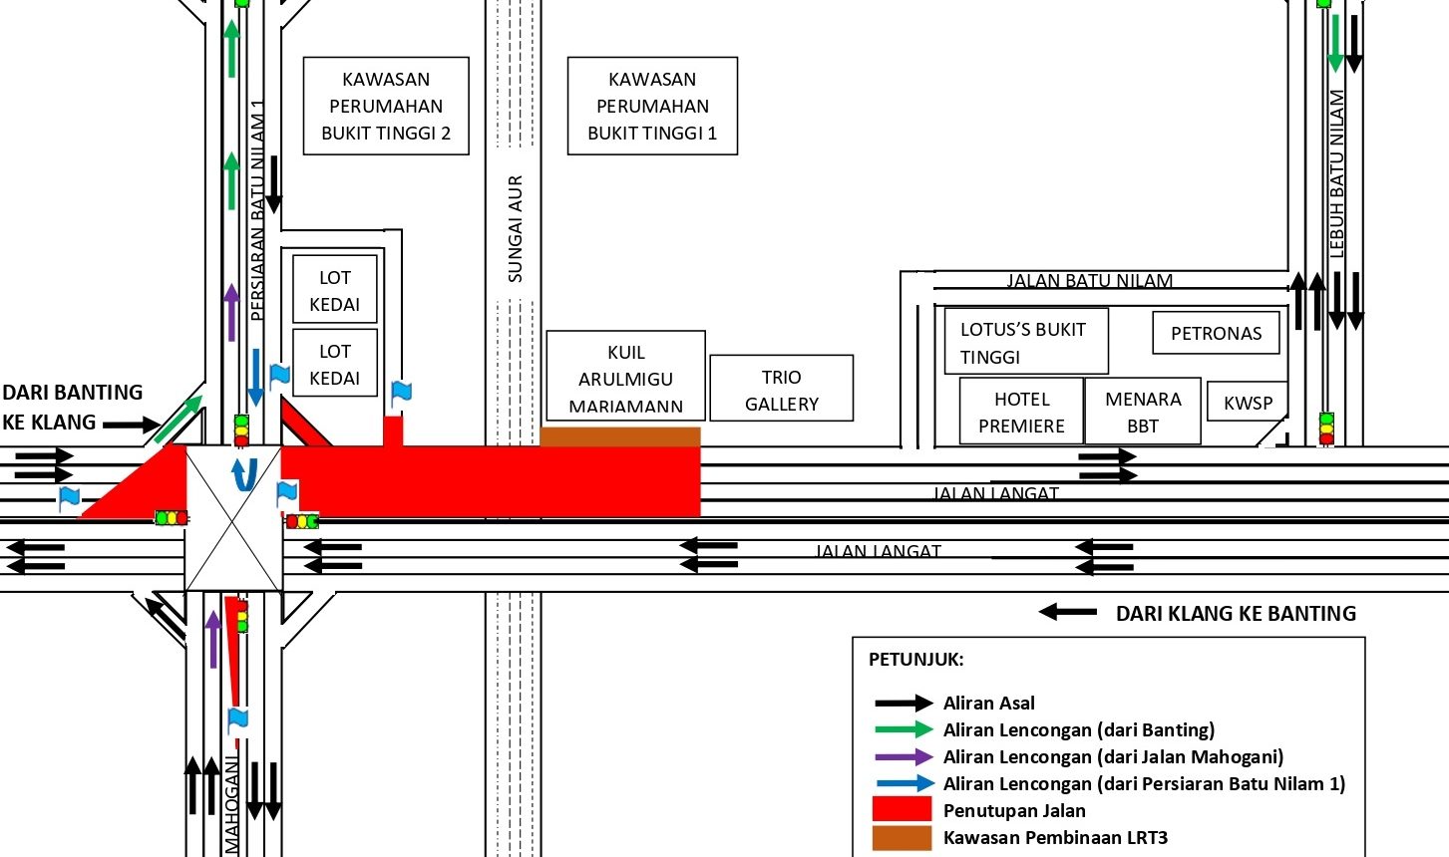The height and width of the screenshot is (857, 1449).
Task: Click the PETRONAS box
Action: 1216,333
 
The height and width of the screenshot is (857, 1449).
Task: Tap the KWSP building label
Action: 1247,403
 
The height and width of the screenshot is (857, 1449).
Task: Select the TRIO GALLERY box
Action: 781,390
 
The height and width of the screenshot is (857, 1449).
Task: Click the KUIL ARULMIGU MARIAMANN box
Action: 625,379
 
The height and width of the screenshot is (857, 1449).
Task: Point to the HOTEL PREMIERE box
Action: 1021,412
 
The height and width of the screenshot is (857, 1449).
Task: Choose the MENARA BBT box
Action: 1143,412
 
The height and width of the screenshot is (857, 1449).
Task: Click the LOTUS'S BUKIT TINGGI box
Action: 1024,342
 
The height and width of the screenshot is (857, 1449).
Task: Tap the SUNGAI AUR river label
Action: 515,229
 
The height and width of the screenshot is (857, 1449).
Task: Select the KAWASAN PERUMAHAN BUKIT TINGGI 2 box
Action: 386,106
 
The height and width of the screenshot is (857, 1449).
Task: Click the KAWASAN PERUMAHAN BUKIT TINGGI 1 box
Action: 652,106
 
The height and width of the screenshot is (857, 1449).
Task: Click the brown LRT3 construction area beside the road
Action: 620,436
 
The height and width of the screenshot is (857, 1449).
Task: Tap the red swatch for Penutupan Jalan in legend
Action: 902,809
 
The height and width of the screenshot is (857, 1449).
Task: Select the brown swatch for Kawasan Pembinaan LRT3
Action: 902,837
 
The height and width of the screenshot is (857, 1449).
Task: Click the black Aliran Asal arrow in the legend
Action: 903,703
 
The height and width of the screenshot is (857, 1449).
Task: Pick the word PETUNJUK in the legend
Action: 915,659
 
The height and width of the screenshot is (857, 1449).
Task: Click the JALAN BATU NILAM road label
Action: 1089,280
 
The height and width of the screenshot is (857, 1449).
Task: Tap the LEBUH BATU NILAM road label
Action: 1337,174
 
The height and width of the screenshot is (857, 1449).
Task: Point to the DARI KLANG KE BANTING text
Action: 1236,613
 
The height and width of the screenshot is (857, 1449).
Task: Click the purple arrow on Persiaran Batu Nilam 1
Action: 231,311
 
